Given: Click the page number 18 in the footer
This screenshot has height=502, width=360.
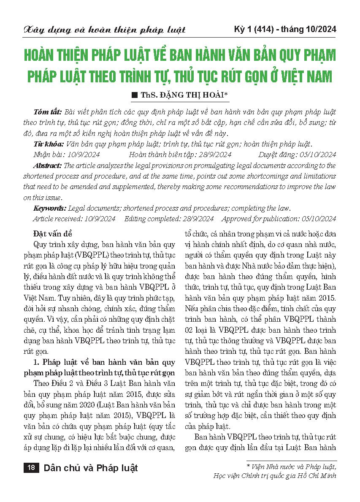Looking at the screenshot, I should click(31, 467).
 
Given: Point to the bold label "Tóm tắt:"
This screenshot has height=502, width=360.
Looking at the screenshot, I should click(46, 112).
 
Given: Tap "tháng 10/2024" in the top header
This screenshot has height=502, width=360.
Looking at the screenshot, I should click(311, 29).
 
